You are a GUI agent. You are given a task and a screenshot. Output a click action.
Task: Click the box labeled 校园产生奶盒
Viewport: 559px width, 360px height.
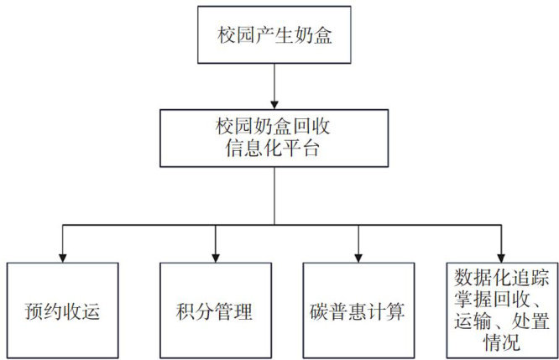click(x=275, y=35)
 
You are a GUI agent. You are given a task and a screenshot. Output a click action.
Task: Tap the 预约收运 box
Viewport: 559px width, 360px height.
click(x=64, y=310)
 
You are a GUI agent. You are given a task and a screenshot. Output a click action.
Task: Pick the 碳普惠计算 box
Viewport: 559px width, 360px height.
click(x=358, y=310)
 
